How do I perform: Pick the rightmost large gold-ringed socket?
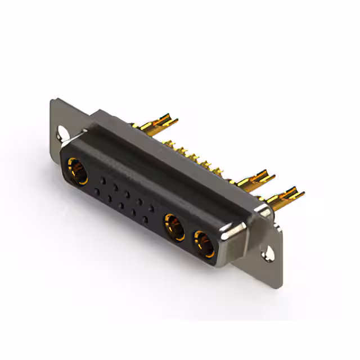(203, 243)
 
